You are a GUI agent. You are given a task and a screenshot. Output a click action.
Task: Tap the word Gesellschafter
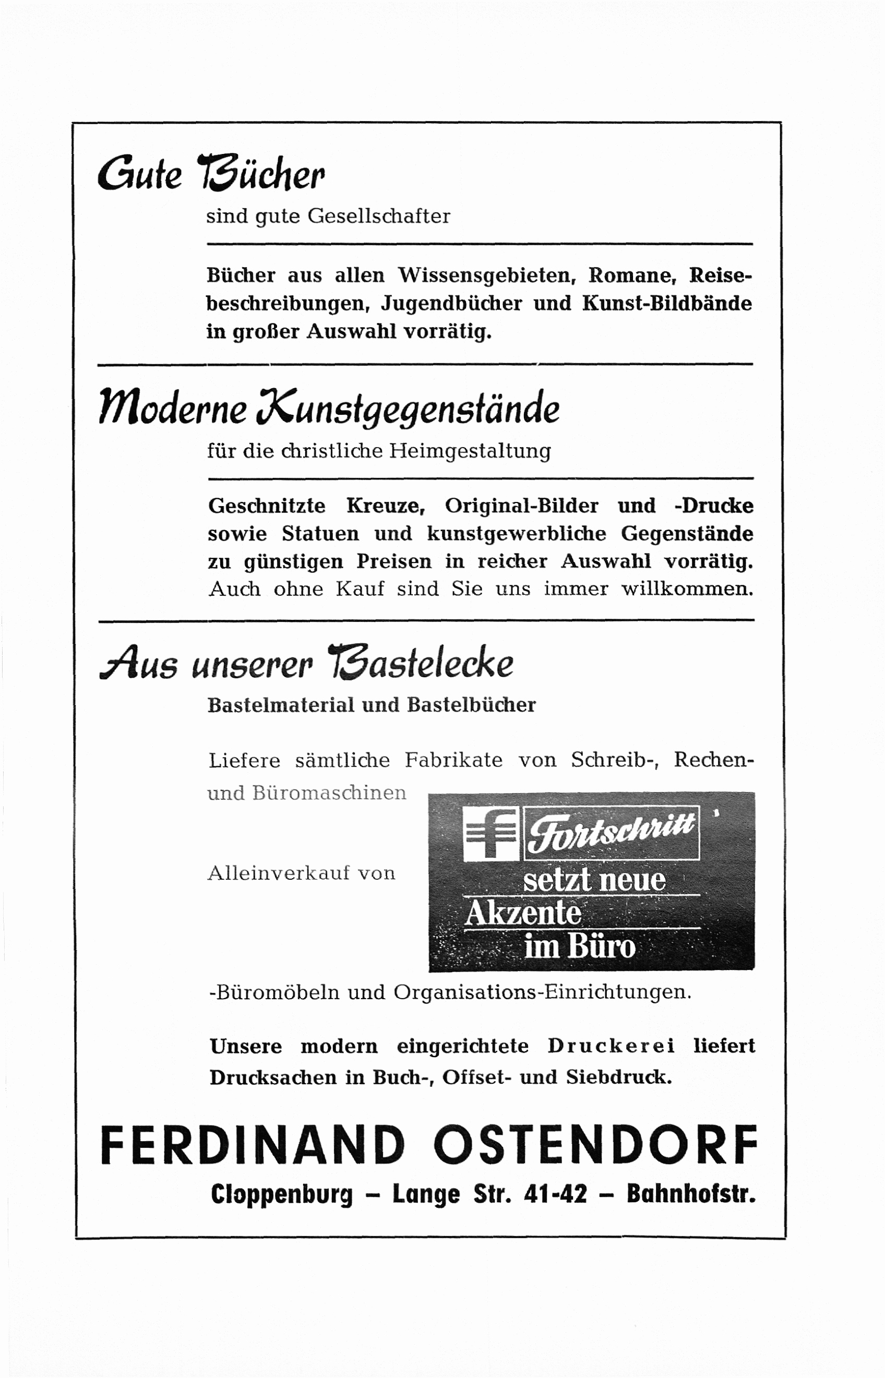coord(379,216)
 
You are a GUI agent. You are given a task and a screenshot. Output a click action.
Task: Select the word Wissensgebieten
coord(487,276)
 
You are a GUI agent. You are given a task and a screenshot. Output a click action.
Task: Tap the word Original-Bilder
coord(521,506)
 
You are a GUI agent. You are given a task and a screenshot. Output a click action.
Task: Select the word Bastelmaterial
coord(280,705)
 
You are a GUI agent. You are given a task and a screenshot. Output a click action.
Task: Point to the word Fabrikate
coord(453,760)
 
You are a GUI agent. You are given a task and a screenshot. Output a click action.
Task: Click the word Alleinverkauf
coord(279,873)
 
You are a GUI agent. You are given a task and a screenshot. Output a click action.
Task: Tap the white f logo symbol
coord(492,834)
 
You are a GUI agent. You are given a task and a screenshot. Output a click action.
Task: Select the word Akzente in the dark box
coord(522,913)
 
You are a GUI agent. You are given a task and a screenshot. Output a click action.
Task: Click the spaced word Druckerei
coord(611,1046)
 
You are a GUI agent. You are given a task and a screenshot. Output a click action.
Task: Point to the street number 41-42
coord(556,1194)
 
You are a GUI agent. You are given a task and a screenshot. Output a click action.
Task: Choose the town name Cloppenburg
coord(282,1194)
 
